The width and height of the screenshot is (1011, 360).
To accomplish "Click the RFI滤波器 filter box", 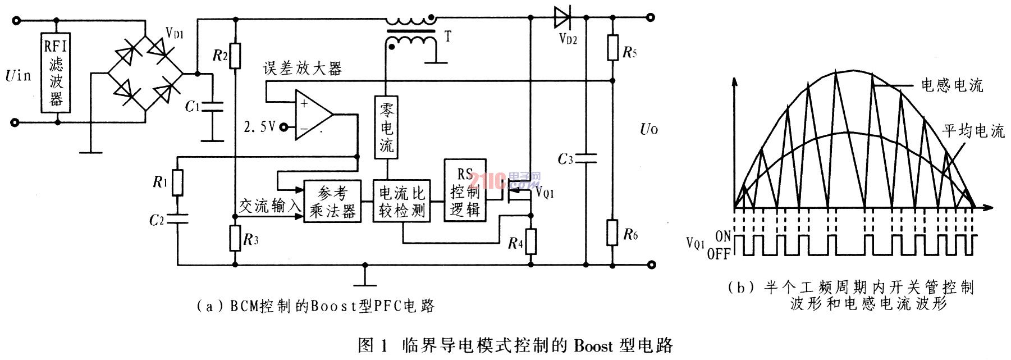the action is pos(56,72).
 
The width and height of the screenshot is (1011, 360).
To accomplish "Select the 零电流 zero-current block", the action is pos(386,126).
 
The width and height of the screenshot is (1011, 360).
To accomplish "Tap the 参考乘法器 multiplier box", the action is pos(332,202).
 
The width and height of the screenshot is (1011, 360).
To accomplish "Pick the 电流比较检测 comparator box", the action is pos(402,202).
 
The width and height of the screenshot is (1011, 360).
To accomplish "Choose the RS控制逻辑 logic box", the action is pos(465,190).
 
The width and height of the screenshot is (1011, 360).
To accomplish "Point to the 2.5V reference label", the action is pos(260,127).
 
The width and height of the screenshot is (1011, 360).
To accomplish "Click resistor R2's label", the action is pos(219,56).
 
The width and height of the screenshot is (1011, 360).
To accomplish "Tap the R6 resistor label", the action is pos(630,234).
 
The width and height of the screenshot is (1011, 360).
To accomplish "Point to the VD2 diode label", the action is pos(568,39).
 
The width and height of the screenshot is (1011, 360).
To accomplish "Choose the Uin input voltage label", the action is pos(19,75).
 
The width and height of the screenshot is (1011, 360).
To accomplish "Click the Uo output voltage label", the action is pos(649,129).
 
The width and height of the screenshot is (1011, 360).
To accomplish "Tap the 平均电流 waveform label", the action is pos(973,131).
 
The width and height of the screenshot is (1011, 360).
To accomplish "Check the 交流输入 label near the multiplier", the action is pos(270,206).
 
